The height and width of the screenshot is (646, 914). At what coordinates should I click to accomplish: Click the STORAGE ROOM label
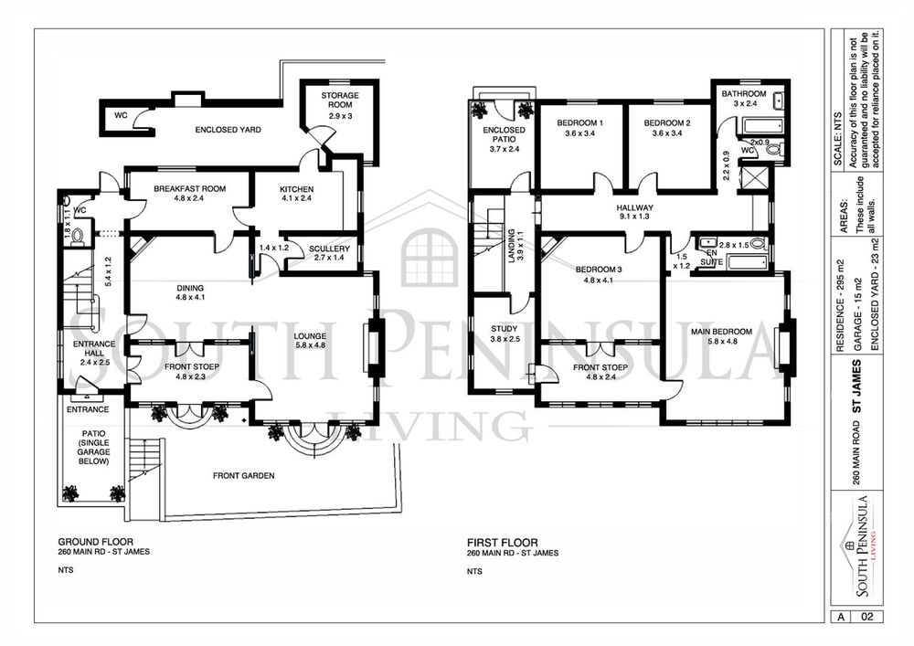click(x=340, y=101)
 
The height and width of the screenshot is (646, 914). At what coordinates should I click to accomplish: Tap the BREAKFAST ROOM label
click(x=189, y=189)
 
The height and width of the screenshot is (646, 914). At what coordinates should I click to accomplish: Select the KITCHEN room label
click(x=296, y=189)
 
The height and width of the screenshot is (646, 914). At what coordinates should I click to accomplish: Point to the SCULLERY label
click(x=329, y=249)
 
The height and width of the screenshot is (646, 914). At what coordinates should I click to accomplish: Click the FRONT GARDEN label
click(x=244, y=476)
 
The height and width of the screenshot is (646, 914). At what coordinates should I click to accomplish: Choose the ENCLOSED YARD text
click(x=228, y=130)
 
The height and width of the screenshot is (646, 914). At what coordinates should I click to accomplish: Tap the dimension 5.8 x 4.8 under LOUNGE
click(x=310, y=345)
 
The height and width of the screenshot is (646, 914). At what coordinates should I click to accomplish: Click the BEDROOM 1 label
click(x=580, y=123)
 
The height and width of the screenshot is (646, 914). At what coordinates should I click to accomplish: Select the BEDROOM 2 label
click(x=667, y=123)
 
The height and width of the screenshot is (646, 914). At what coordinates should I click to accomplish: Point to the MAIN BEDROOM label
click(x=722, y=332)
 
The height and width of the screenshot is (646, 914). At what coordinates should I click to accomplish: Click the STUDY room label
click(x=505, y=329)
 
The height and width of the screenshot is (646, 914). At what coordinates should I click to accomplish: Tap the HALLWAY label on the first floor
click(x=635, y=207)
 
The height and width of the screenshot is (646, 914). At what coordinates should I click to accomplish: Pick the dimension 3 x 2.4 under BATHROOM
click(x=745, y=103)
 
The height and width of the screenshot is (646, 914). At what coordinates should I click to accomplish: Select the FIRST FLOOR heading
click(x=503, y=543)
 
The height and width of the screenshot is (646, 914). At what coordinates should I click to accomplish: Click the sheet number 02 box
click(x=866, y=616)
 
